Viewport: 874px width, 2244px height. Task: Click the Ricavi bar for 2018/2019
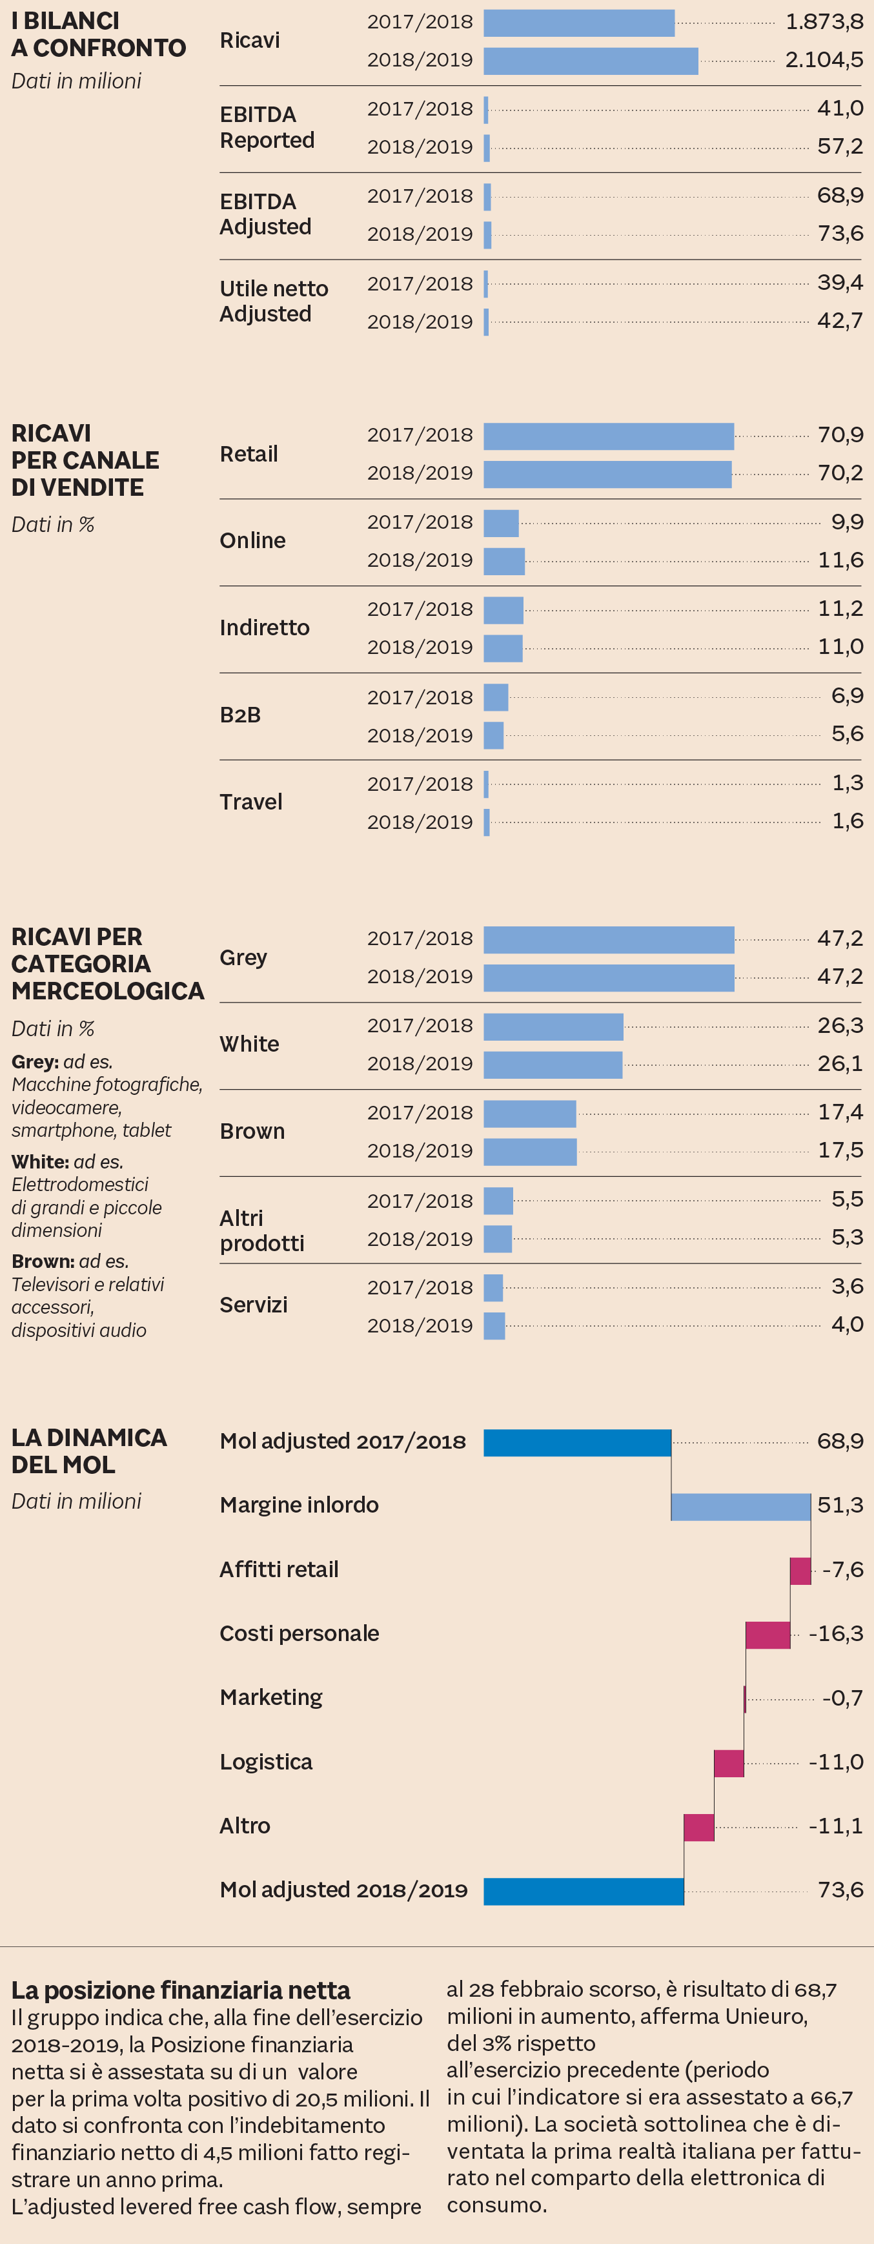click(x=590, y=61)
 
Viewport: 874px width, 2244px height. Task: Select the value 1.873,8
click(x=824, y=22)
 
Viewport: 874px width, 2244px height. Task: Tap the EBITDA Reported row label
click(x=267, y=127)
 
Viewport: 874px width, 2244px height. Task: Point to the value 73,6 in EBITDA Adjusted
click(x=840, y=234)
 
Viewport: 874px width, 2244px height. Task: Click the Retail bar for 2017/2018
click(x=608, y=436)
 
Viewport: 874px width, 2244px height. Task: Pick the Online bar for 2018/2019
click(x=503, y=561)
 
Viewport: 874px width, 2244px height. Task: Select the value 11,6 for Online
click(x=840, y=560)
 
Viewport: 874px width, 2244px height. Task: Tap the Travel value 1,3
click(x=847, y=783)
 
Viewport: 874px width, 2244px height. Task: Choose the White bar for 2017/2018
click(x=553, y=1026)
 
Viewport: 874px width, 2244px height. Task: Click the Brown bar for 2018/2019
click(x=530, y=1152)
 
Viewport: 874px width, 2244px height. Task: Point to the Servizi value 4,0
click(x=847, y=1325)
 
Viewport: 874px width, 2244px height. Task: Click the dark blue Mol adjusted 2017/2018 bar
click(x=577, y=1443)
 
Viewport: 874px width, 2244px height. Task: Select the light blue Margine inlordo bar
click(x=740, y=1507)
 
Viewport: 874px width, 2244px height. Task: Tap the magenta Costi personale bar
click(x=767, y=1635)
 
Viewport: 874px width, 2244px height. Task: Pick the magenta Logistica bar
click(x=729, y=1763)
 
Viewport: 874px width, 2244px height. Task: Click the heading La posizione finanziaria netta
click(x=180, y=1990)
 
